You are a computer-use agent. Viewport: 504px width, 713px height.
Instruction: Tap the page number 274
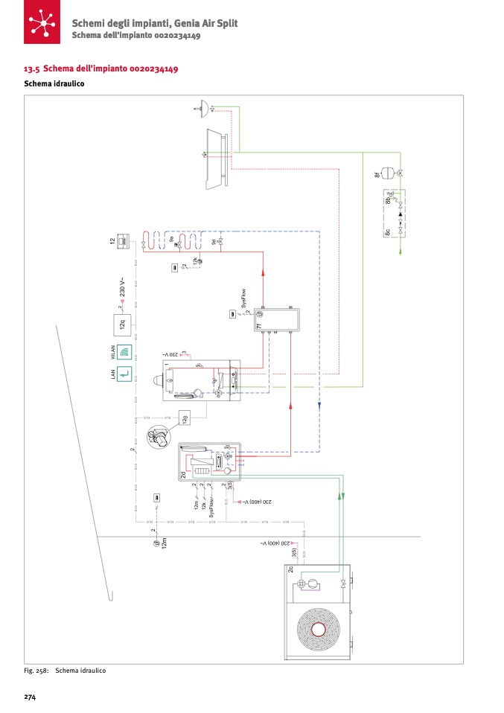[31, 697]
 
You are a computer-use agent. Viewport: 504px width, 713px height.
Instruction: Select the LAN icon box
[124, 374]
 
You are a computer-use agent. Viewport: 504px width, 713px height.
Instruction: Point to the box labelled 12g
[185, 418]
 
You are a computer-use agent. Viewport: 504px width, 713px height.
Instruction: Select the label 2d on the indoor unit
[183, 474]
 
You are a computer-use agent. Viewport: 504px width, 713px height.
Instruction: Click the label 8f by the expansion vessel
[377, 176]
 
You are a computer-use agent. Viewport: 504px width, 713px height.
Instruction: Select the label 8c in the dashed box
[388, 233]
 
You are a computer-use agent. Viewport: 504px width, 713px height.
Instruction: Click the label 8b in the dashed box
[388, 199]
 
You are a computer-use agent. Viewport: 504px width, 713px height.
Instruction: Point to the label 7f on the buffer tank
[258, 326]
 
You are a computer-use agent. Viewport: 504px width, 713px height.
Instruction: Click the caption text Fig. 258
[36, 671]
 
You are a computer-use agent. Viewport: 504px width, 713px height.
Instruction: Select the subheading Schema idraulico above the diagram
[54, 84]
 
